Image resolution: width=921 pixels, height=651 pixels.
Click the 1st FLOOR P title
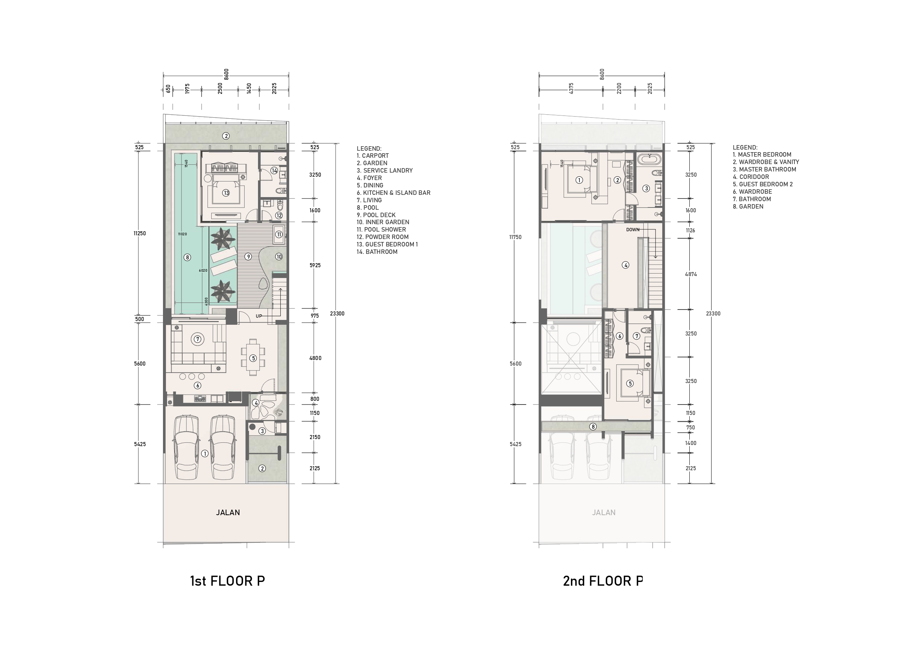(228, 581)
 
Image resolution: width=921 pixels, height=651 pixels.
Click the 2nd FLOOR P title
(603, 581)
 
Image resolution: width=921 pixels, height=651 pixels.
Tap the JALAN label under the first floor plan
(228, 512)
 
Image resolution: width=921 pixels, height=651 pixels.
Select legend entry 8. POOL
(368, 207)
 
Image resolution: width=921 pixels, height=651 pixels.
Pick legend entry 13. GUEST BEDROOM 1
(387, 244)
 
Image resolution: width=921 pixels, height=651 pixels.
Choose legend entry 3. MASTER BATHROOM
(765, 169)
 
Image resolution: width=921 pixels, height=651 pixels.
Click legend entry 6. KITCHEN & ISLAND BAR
(393, 193)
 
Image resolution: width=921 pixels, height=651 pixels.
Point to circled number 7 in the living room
(197, 339)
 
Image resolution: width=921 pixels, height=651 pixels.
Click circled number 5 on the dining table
(253, 358)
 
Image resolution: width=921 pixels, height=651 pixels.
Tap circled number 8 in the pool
(187, 258)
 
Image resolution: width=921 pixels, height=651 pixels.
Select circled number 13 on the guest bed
(226, 193)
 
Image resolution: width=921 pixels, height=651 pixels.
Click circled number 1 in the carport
(205, 454)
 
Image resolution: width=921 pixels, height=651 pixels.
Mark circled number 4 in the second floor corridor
(626, 265)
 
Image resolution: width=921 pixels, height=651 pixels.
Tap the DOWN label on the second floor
(633, 230)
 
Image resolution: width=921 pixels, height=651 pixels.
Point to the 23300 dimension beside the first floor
(337, 314)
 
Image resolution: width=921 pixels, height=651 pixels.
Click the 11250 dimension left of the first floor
(140, 233)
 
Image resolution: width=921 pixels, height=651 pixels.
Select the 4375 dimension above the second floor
(571, 88)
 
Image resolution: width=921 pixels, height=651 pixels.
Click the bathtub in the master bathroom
(648, 159)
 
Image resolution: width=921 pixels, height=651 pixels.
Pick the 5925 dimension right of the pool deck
(315, 265)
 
